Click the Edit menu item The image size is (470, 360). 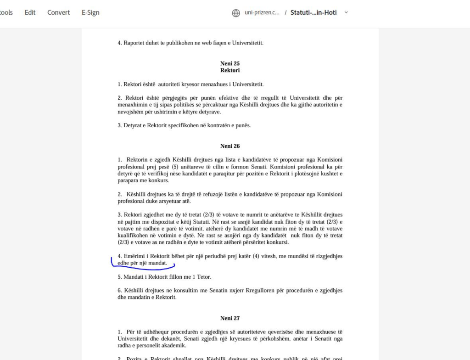pos(30,12)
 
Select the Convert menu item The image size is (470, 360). pos(58,12)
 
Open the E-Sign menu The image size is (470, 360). pos(90,12)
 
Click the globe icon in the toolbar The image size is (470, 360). pos(236,13)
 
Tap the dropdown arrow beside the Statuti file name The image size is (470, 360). pos(346,12)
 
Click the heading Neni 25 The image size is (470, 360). pos(230,63)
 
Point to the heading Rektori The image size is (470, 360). pos(230,70)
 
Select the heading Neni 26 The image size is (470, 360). pos(230,146)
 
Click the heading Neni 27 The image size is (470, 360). pos(230,318)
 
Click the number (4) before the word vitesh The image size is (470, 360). pos(256,256)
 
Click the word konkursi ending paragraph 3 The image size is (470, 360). pos(279,242)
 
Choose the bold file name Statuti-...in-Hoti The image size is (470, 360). pos(313,12)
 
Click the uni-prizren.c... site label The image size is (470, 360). pos(263,13)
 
